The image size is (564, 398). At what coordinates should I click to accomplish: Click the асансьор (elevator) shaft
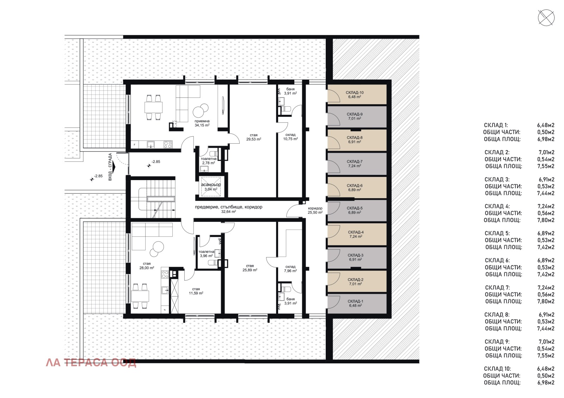(211, 187)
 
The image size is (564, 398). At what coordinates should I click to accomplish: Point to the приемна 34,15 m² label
(202, 123)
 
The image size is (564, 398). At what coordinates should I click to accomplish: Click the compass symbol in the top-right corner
(546, 18)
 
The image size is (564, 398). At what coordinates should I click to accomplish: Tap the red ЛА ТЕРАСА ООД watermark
(91, 362)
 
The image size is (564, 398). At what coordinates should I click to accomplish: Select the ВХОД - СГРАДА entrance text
(110, 167)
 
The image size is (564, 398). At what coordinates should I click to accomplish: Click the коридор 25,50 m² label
(315, 210)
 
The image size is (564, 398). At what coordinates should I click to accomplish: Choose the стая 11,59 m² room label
(196, 291)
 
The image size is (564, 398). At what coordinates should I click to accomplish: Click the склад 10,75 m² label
(290, 137)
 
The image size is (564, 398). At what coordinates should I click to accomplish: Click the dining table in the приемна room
(154, 107)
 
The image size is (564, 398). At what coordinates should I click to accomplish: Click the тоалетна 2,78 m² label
(208, 161)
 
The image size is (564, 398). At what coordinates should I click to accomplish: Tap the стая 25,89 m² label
(250, 268)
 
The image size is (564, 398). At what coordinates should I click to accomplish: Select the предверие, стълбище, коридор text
(228, 207)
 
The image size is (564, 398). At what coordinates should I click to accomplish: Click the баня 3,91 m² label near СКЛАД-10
(290, 91)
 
